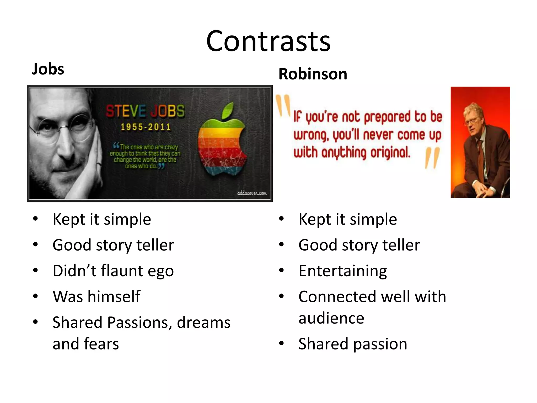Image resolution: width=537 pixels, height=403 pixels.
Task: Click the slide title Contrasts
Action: (x=268, y=41)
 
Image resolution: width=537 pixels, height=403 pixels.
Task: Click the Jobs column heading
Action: (x=48, y=69)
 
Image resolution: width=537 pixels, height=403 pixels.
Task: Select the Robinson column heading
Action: (x=313, y=74)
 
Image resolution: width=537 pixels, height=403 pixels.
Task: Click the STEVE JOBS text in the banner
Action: (x=145, y=111)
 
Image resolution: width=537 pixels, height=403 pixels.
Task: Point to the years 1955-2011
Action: (x=146, y=127)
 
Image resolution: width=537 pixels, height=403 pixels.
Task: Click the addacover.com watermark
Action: (x=252, y=193)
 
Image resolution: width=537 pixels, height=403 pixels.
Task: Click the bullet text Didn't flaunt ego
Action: (x=113, y=271)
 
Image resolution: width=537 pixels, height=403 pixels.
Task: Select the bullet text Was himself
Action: (x=96, y=296)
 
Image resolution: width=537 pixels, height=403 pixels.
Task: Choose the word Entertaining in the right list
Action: (x=342, y=271)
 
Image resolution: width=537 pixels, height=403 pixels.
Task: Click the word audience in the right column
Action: (x=331, y=318)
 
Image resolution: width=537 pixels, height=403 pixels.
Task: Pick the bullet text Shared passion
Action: (x=353, y=344)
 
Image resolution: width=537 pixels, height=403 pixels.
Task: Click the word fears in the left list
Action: (x=101, y=344)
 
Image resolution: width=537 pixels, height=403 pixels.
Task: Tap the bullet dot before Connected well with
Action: (x=281, y=296)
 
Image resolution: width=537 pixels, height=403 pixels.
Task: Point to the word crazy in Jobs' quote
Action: (x=171, y=147)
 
